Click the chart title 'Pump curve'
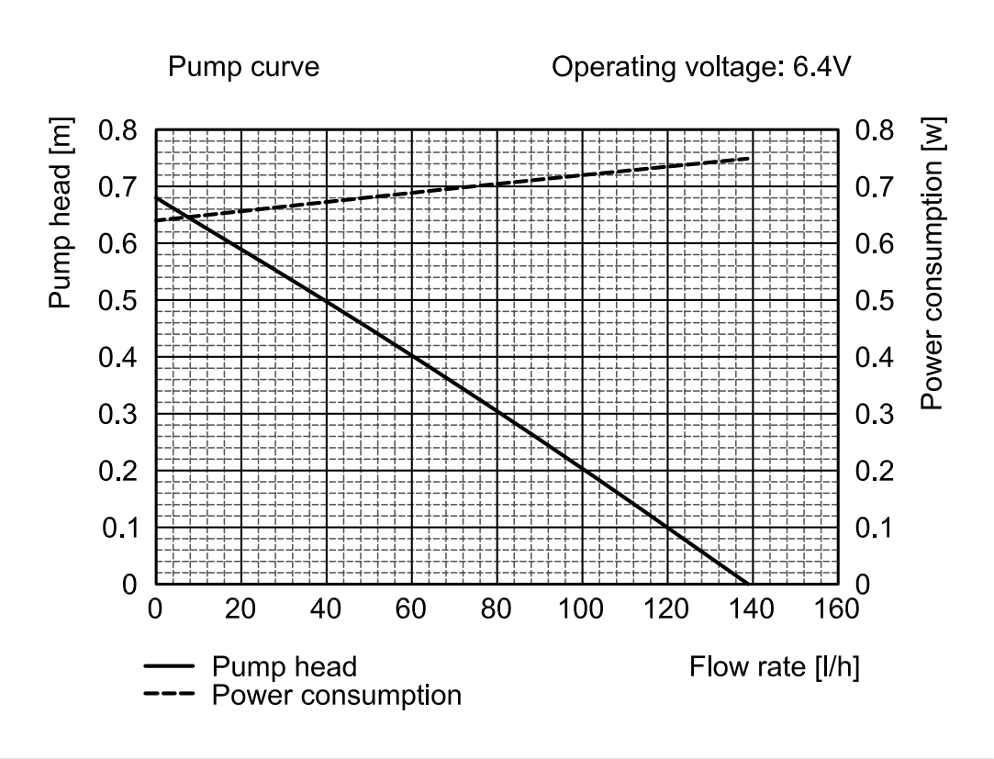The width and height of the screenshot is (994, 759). tap(243, 67)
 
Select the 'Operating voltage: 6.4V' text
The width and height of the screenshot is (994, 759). tap(701, 67)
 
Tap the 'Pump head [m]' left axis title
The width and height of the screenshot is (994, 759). tap(61, 213)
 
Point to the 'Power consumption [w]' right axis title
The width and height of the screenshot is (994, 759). tap(933, 263)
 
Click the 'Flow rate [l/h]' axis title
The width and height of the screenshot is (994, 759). tap(775, 667)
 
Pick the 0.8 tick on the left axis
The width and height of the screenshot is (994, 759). tap(117, 130)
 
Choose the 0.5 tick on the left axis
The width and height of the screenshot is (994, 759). tap(117, 300)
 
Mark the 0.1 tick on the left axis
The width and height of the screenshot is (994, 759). tap(120, 528)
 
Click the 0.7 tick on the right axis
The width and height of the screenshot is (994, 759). tap(874, 187)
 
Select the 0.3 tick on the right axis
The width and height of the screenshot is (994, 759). tap(874, 414)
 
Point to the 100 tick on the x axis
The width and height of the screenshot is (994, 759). tap(581, 609)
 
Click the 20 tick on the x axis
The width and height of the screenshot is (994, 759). tap(240, 609)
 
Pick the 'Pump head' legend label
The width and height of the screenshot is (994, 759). tap(285, 667)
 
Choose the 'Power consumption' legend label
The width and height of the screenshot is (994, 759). tap(337, 696)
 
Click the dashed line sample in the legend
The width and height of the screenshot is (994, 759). tap(169, 694)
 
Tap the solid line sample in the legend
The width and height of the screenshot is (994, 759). tap(169, 665)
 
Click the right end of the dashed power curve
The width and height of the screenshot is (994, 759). tap(749, 158)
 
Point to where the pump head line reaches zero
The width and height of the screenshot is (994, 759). tap(748, 584)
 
